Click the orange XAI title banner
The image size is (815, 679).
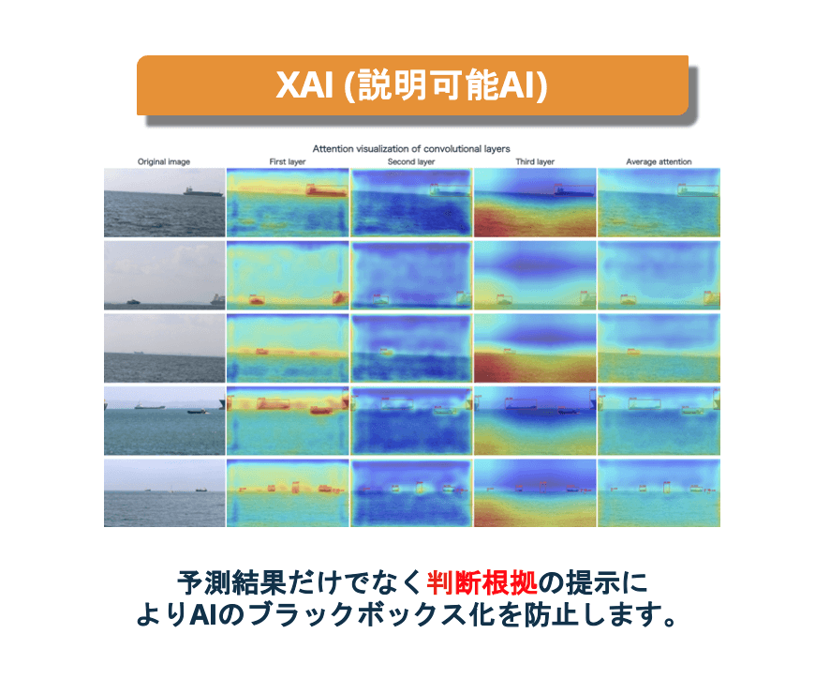tap(412, 85)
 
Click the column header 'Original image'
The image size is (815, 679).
tap(164, 162)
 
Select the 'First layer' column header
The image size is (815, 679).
tap(288, 162)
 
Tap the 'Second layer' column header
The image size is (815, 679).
tap(411, 162)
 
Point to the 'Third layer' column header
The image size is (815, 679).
tap(535, 162)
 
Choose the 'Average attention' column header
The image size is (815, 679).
tap(659, 162)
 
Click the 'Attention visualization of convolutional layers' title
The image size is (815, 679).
tap(411, 149)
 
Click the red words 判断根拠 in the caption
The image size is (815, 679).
tap(482, 582)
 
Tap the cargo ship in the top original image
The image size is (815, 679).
tap(202, 191)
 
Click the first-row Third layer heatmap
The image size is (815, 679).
tap(535, 203)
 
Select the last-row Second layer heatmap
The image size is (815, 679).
tap(411, 492)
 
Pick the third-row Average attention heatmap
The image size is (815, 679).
tap(659, 348)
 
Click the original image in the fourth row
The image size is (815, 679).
tap(164, 420)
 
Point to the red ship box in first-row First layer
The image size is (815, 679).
tap(326, 190)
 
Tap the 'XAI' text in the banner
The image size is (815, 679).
tap(304, 84)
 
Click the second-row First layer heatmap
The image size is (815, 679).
tap(288, 275)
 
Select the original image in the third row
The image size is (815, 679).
tap(164, 348)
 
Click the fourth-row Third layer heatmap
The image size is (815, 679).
tap(535, 420)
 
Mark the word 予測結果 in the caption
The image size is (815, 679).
tap(231, 582)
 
